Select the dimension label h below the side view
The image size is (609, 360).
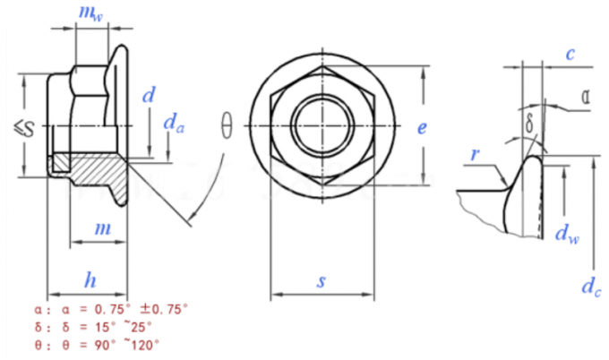(x=90, y=280)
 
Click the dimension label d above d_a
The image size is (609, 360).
(x=149, y=95)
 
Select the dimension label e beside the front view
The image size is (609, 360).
(x=421, y=128)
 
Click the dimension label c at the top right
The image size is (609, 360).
(x=569, y=55)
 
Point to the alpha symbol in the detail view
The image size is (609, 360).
(x=584, y=97)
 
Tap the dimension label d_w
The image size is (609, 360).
(x=565, y=235)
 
